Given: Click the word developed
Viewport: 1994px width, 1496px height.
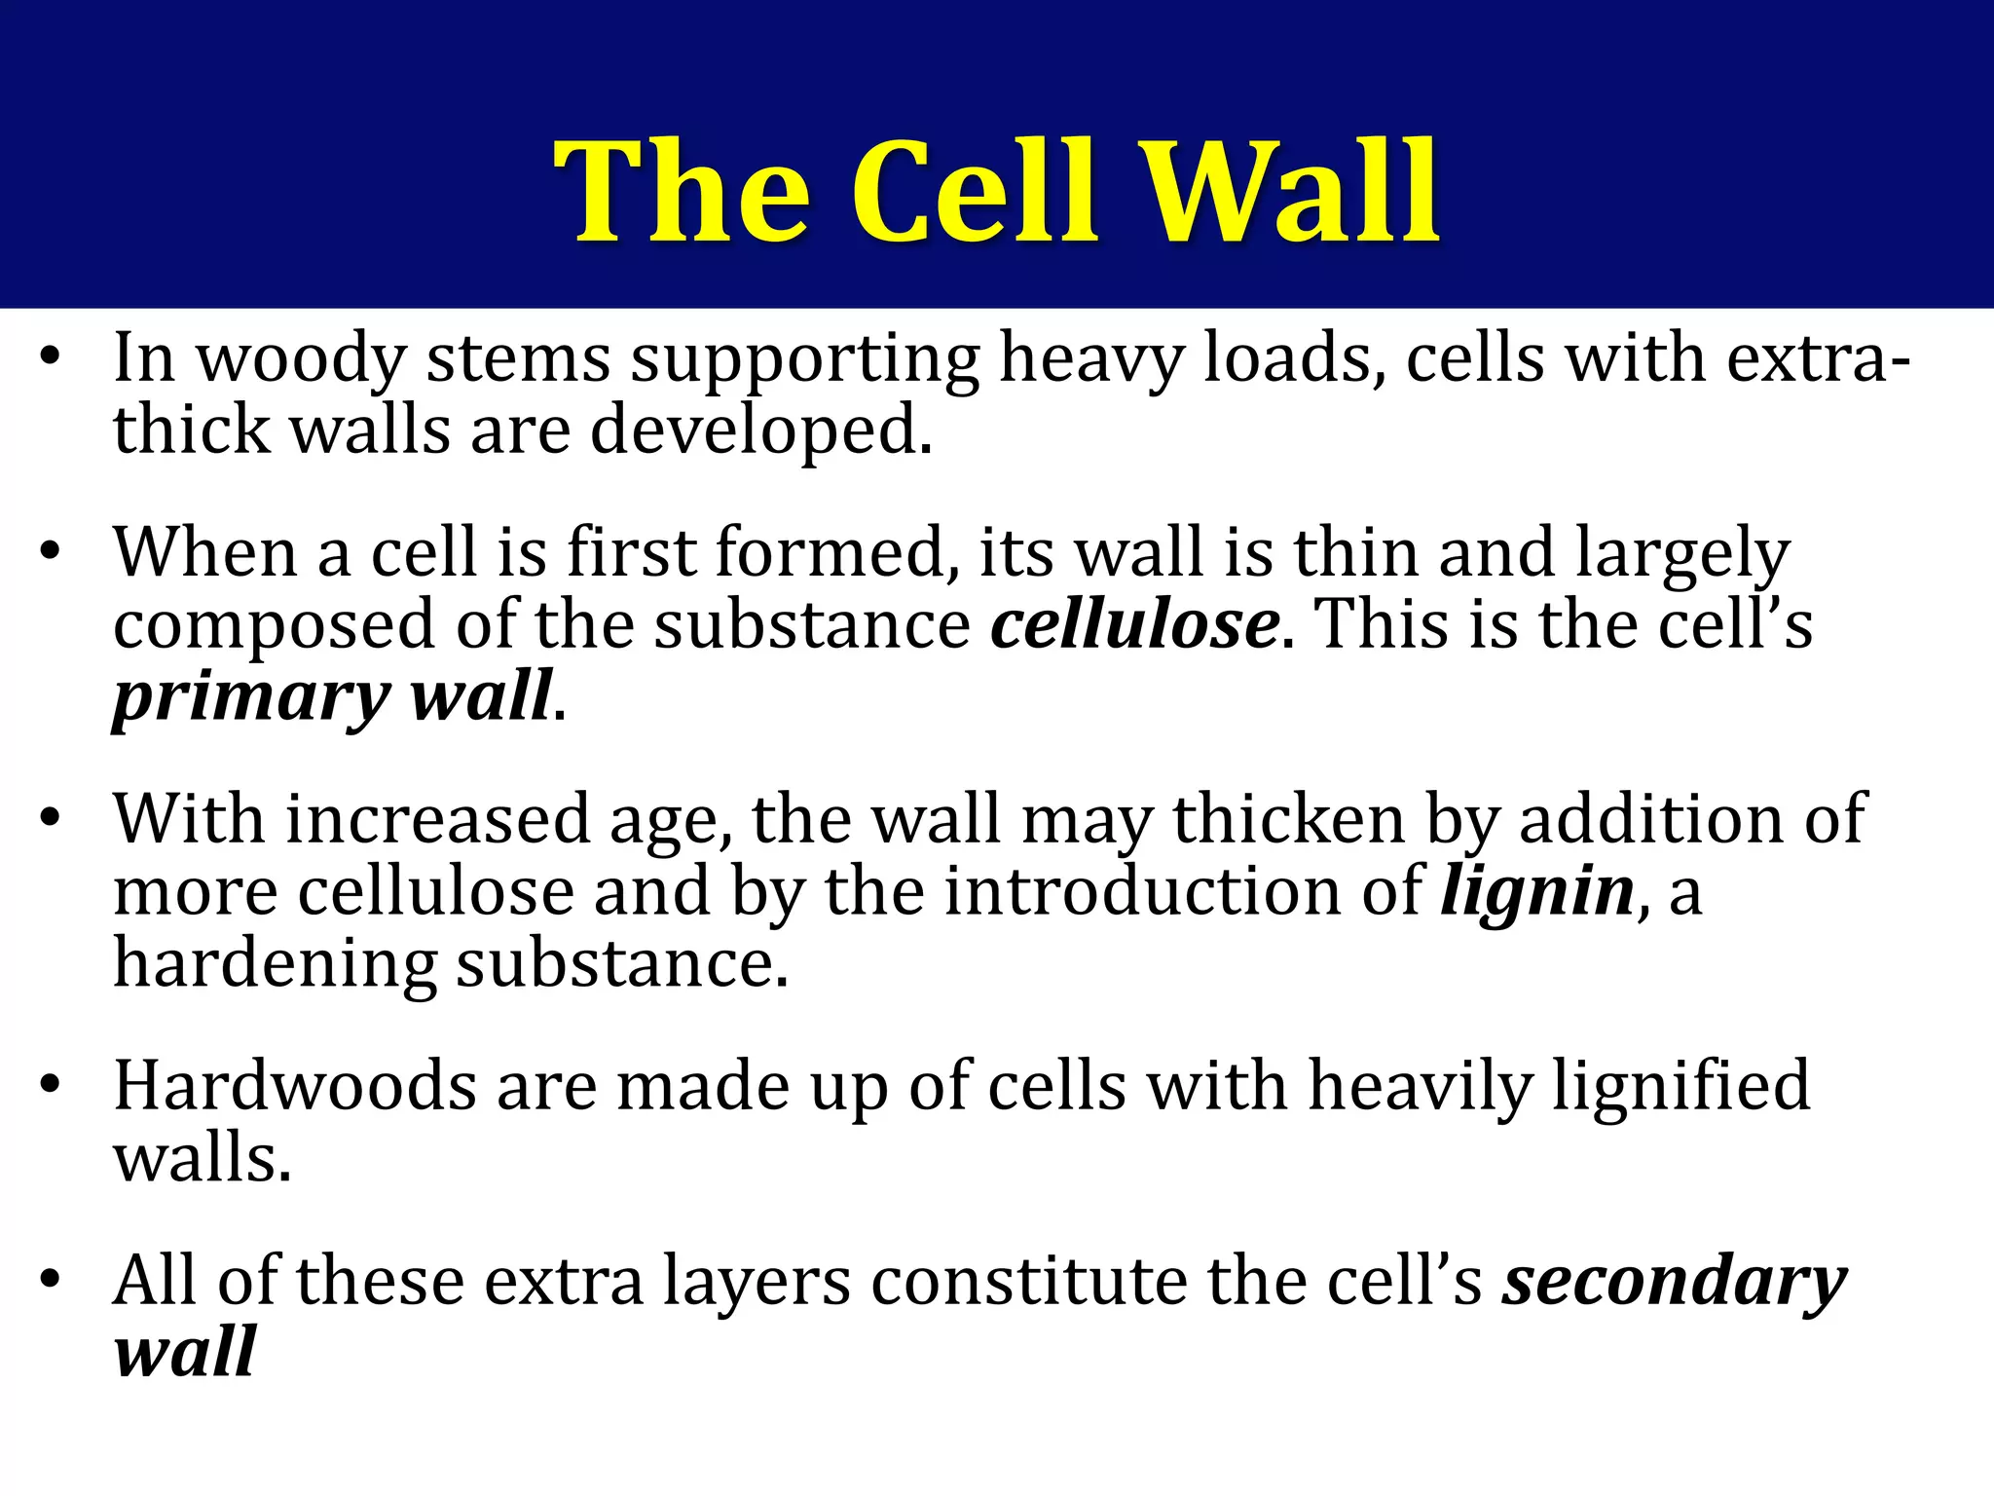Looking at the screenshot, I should (761, 431).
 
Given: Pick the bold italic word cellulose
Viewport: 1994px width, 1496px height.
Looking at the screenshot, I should (1134, 624).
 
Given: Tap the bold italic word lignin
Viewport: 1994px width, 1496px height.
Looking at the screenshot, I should (1537, 891).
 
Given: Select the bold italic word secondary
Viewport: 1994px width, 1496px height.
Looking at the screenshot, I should (1674, 1283).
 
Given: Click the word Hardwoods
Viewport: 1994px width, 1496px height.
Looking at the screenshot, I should (295, 1086).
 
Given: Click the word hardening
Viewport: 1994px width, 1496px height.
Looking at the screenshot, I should (276, 964).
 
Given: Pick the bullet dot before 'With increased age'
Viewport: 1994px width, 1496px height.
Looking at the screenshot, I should (52, 817).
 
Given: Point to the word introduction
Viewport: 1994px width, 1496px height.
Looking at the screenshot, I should (1184, 891).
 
